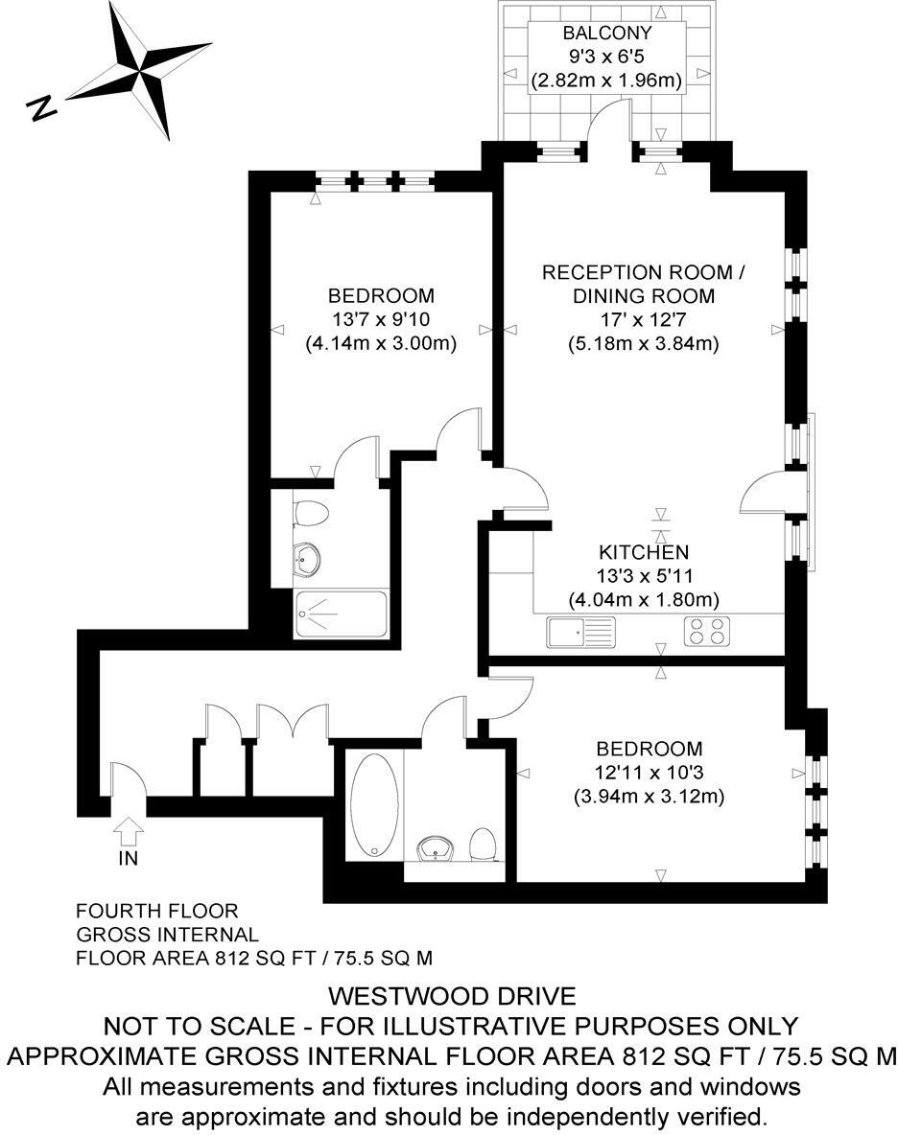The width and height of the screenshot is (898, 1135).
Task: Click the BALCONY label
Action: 606,35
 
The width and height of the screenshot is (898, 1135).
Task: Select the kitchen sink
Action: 580,632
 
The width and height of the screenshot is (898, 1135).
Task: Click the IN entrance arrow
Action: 129,829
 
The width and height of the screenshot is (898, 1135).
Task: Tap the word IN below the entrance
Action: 129,859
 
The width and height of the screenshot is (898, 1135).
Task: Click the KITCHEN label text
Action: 644,552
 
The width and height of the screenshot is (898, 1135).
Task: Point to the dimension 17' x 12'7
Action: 644,319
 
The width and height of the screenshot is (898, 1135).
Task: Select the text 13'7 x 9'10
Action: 381,319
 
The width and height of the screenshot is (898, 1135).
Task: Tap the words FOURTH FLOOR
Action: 157,910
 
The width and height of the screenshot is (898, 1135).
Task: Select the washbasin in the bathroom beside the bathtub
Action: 437,849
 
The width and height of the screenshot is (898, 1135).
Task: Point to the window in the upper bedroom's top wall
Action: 375,181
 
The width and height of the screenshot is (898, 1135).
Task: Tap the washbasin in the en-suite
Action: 308,559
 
